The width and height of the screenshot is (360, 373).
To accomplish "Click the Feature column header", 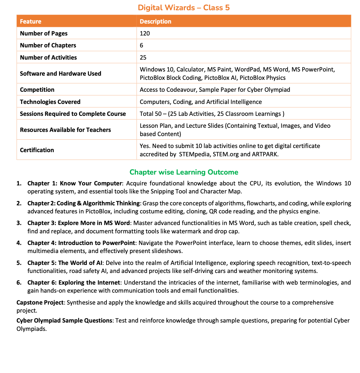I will click(x=31, y=21).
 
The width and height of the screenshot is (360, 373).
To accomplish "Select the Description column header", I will click(x=155, y=21).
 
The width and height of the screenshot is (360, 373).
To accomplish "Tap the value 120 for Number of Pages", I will click(x=145, y=34).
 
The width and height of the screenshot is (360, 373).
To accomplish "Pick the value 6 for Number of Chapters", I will click(x=141, y=45).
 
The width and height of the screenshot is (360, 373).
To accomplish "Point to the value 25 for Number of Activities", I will click(x=143, y=58).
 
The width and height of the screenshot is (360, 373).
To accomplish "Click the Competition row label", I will click(x=37, y=90).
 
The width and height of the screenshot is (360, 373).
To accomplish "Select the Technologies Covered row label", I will click(x=50, y=102).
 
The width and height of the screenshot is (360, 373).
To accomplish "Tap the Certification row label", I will click(x=37, y=150).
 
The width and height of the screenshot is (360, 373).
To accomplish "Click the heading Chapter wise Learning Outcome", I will click(x=184, y=172).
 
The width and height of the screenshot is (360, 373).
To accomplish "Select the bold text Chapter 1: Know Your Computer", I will click(x=74, y=183).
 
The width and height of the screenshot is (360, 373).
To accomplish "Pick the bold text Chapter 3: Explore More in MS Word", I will click(x=78, y=223).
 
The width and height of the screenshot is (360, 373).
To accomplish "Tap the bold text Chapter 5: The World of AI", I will click(x=65, y=263).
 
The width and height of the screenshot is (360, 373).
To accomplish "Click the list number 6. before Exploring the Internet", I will click(x=19, y=283).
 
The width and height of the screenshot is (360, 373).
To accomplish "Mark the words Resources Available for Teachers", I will click(x=65, y=130).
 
